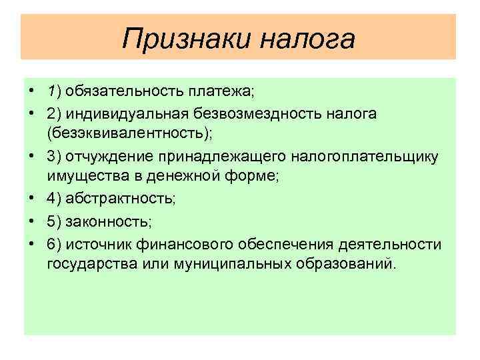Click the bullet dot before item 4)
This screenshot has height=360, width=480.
tap(32, 198)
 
